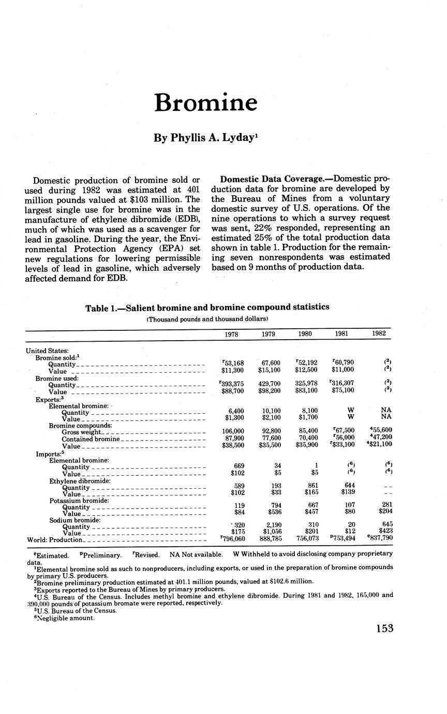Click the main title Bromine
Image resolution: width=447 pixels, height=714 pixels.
[205, 103]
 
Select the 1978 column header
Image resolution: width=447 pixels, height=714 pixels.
[231, 334]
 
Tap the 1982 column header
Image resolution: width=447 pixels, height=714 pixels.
[378, 334]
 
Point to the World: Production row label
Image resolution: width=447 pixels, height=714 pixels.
[54, 540]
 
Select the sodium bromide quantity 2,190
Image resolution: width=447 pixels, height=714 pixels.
[268, 526]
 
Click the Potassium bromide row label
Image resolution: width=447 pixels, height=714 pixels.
[79, 501]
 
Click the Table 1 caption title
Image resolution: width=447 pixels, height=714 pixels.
[207, 307]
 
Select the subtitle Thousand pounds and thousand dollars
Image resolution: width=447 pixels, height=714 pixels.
[207, 319]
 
